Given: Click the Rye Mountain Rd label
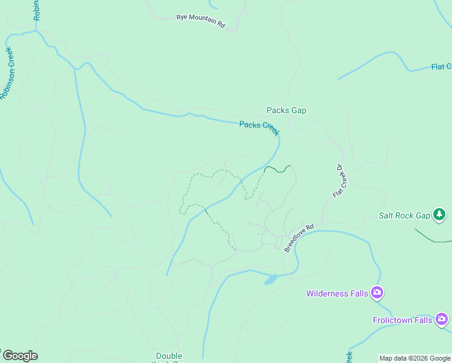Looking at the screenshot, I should (201, 21).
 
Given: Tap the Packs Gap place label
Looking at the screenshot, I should (286, 110).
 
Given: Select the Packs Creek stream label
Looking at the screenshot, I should (259, 128).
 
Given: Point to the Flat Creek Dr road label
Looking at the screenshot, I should (339, 181).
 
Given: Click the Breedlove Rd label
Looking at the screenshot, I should (300, 238).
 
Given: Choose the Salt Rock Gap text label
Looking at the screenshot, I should (404, 215).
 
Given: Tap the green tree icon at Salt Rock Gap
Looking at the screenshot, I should (440, 214).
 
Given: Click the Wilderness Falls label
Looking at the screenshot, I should (337, 293).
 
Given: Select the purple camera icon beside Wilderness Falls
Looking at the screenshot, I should (378, 293).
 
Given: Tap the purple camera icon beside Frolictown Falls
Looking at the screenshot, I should (442, 319).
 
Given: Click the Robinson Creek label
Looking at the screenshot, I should (8, 73).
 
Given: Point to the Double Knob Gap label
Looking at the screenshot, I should (169, 358).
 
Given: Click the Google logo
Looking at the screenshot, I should (19, 356).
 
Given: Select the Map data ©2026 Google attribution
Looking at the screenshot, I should (415, 358).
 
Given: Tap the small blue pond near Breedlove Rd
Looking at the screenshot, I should (270, 280).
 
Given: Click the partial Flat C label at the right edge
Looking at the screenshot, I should (441, 67).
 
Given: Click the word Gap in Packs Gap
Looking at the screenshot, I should (298, 110).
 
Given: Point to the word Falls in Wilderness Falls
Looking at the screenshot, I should (358, 293).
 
